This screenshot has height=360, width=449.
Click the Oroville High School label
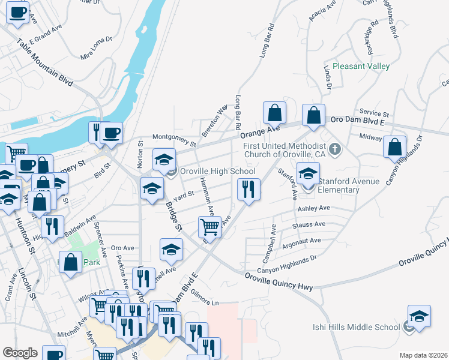[x=218, y=171]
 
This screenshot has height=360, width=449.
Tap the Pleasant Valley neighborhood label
[x=361, y=66]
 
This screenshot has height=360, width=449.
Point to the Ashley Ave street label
[x=314, y=208]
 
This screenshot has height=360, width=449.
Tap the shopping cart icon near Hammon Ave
[x=209, y=227]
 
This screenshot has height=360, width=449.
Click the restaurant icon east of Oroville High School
[x=248, y=190]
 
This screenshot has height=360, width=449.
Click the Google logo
[x=20, y=352]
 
